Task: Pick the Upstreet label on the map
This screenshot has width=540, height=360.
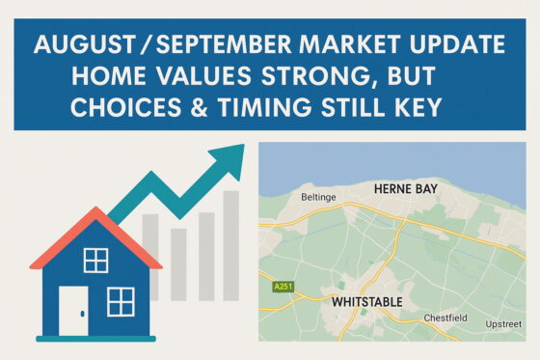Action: [x=504, y=323]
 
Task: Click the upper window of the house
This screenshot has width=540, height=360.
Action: [x=95, y=260]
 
